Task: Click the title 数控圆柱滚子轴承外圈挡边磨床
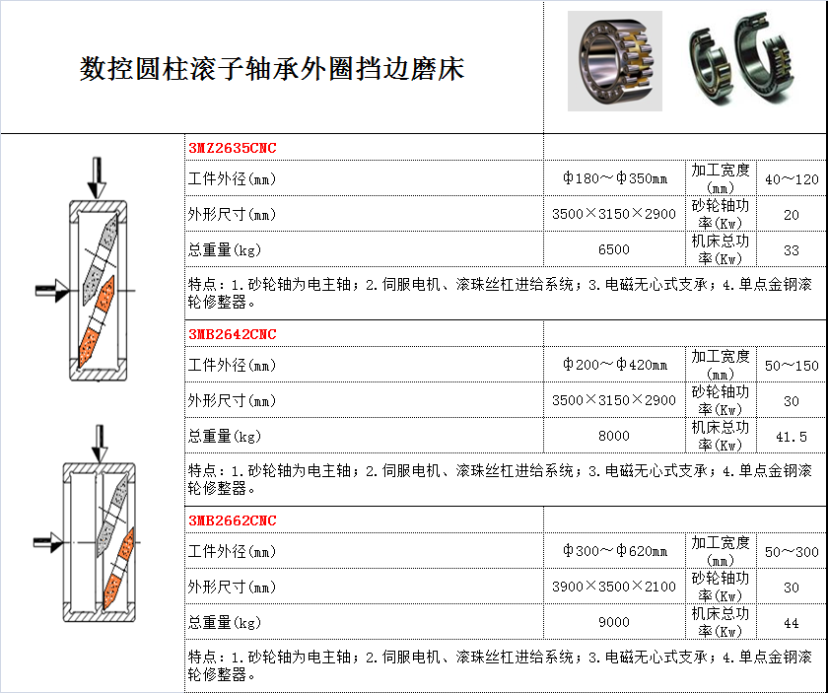272,69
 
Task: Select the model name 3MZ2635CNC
233,148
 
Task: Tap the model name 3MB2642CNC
233,334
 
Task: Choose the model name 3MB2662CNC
233,520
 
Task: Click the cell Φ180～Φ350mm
615,178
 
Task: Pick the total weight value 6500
614,249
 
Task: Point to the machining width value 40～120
792,179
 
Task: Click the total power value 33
791,250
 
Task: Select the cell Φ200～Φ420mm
615,365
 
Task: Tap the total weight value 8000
614,436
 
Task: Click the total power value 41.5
792,437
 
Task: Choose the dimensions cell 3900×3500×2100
614,587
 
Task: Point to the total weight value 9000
614,622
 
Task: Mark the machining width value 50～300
792,552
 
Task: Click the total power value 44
791,623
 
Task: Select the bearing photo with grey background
615,61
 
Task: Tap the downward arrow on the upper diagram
97,178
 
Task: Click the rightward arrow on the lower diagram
48,542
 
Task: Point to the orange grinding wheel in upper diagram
97,321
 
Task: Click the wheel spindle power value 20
791,215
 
